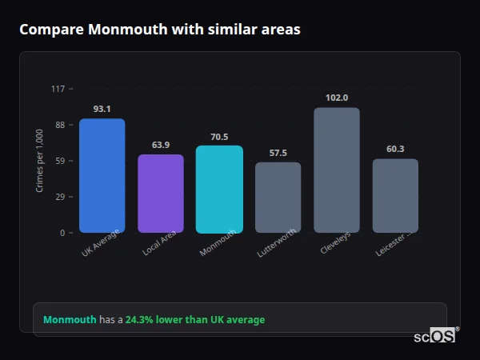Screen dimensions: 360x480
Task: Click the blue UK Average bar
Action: pos(102,176)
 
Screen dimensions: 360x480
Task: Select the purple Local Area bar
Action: pos(161,194)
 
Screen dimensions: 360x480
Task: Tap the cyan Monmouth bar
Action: pos(219,190)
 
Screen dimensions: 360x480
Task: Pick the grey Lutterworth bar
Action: pos(278,198)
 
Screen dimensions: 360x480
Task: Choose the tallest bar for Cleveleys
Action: pos(337,170)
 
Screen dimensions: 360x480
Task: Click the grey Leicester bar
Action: pos(395,196)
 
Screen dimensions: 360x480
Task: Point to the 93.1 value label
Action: pos(102,109)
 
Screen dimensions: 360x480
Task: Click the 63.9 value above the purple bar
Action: pos(161,145)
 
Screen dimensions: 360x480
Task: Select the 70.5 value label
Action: pos(219,137)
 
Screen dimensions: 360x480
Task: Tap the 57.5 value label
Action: pos(278,153)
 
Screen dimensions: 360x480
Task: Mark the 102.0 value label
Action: pos(337,98)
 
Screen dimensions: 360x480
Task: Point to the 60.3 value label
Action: pos(395,149)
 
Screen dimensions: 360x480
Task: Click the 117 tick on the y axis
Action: pos(58,89)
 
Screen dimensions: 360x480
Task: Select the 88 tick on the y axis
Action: pos(60,125)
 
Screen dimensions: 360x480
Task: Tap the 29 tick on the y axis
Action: pos(60,197)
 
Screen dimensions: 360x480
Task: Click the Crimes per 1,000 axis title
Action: pos(40,161)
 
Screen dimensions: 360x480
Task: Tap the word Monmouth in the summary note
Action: pos(70,320)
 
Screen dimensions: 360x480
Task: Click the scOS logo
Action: pos(434,337)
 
